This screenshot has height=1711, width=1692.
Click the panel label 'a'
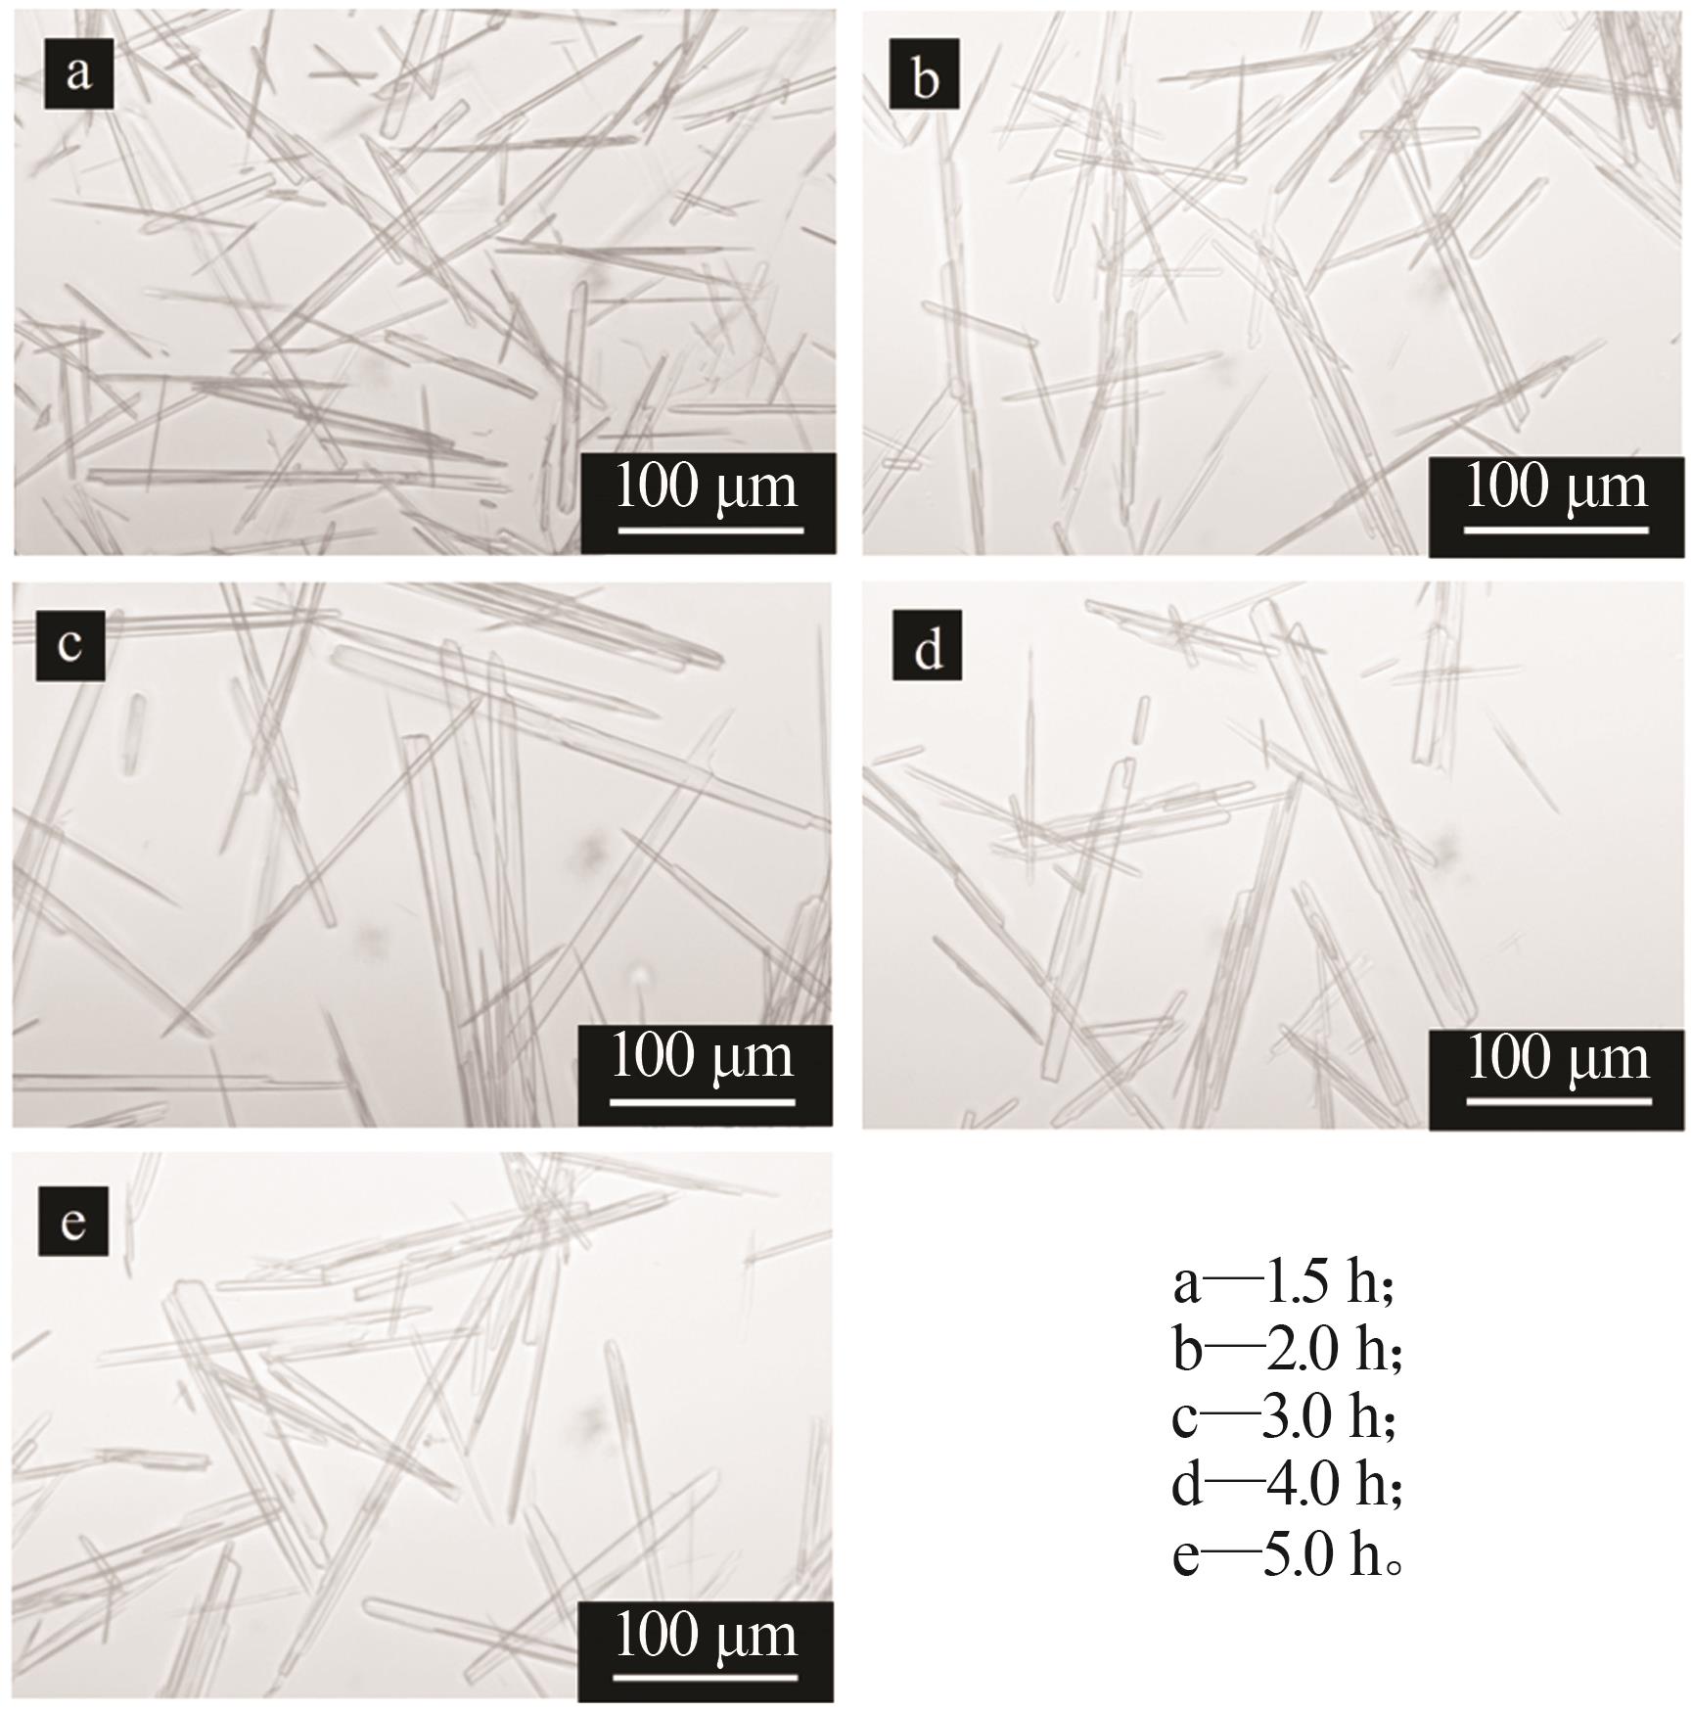pyautogui.click(x=79, y=73)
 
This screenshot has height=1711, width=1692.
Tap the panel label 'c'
pyautogui.click(x=70, y=645)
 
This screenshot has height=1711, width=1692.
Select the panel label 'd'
pyautogui.click(x=928, y=646)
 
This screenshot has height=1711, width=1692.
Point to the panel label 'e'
pyautogui.click(x=73, y=1221)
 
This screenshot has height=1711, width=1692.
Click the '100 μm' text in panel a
pyautogui.click(x=707, y=486)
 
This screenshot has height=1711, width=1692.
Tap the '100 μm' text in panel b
pyautogui.click(x=1556, y=486)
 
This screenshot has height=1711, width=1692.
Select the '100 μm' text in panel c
pyautogui.click(x=703, y=1057)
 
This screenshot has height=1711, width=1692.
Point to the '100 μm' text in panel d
pyautogui.click(x=1558, y=1058)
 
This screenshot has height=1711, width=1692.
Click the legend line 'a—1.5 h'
pyautogui.click(x=1283, y=1282)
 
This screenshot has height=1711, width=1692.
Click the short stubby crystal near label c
pyautogui.click(x=134, y=733)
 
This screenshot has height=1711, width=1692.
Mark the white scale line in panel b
pyautogui.click(x=1556, y=530)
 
